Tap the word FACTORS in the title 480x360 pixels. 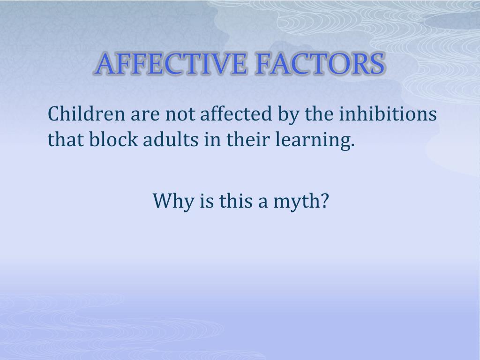coord(320,64)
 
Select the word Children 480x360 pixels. coord(86,113)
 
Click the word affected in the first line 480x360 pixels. coord(236,113)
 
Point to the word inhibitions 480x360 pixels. coord(388,113)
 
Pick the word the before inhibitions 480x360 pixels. coord(319,113)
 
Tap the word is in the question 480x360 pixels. coord(207,201)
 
